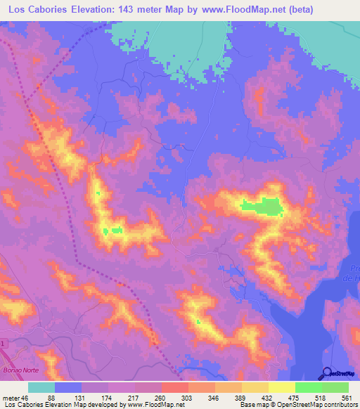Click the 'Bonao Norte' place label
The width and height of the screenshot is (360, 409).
tap(22, 370)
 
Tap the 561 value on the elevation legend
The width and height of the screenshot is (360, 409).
tap(347, 398)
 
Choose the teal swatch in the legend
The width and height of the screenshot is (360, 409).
tap(41, 387)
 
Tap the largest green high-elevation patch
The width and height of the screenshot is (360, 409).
tap(264, 206)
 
